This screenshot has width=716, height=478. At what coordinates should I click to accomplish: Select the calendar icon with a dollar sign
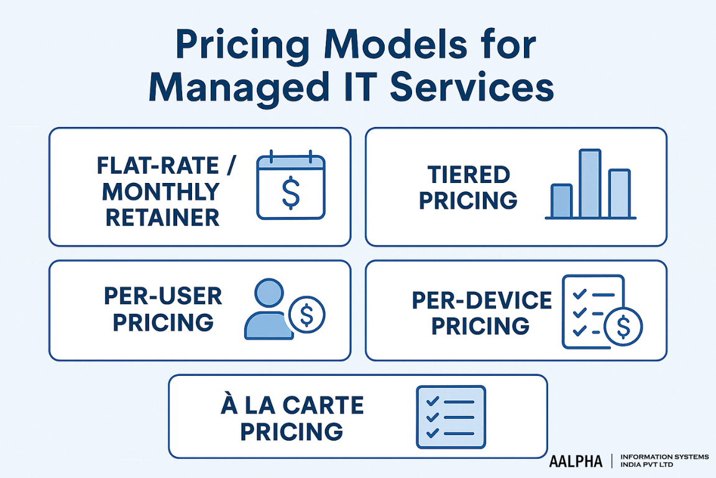[x=290, y=187]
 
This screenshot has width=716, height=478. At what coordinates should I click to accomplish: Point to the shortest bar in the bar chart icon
[x=561, y=200]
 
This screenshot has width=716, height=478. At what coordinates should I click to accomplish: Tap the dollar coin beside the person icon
[x=307, y=315]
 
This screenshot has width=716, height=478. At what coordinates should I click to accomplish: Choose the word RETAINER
[x=163, y=217]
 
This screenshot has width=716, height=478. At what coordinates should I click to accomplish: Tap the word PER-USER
[x=163, y=296]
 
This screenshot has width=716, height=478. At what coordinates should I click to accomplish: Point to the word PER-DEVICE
[x=482, y=301]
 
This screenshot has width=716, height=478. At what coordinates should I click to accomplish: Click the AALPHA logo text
[x=576, y=461]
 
